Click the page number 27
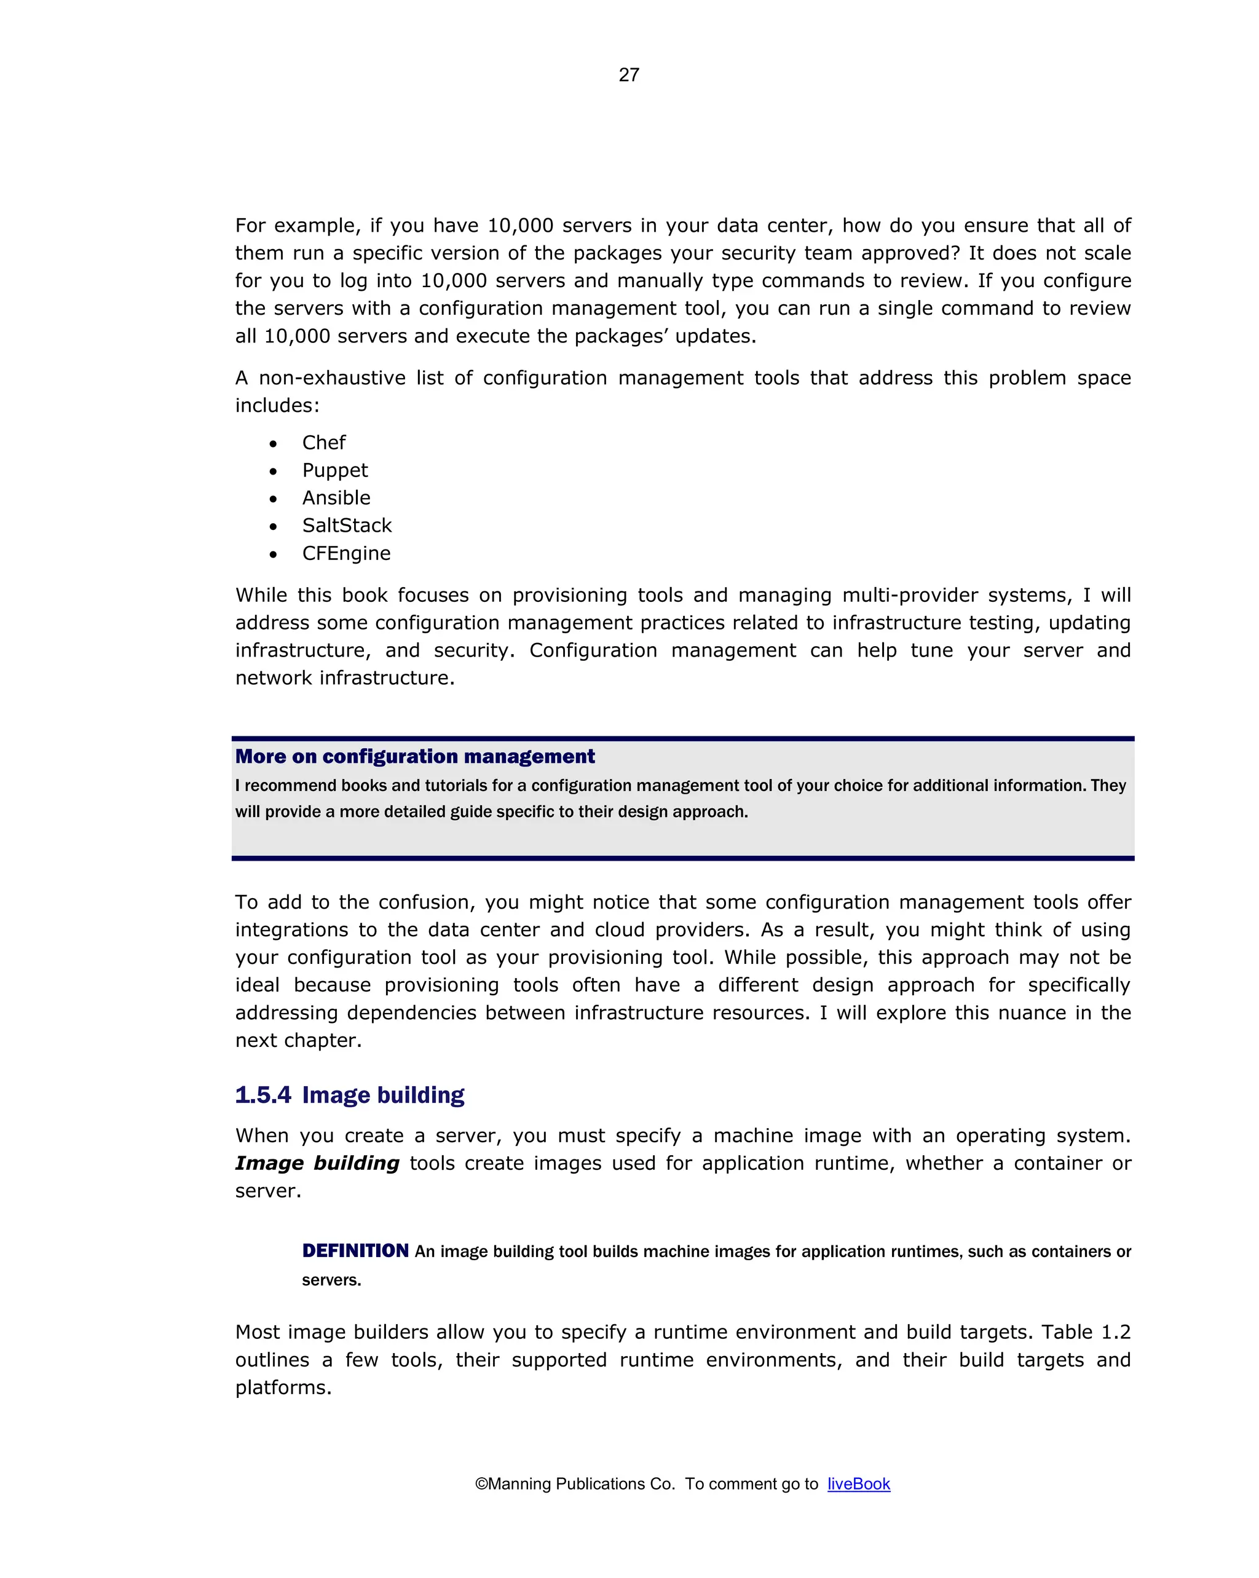click(x=629, y=76)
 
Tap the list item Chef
click(x=323, y=443)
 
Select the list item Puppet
click(x=334, y=471)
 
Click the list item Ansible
click(x=336, y=498)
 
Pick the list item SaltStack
click(x=347, y=526)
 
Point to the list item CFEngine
click(x=346, y=553)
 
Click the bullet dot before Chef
click(x=273, y=444)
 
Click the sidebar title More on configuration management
click(x=414, y=756)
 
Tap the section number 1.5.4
click(x=262, y=1095)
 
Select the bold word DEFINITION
click(x=355, y=1251)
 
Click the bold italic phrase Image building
click(x=317, y=1163)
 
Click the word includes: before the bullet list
click(x=277, y=406)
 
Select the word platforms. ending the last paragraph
click(x=283, y=1387)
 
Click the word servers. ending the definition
click(x=331, y=1280)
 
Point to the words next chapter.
click(x=298, y=1041)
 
